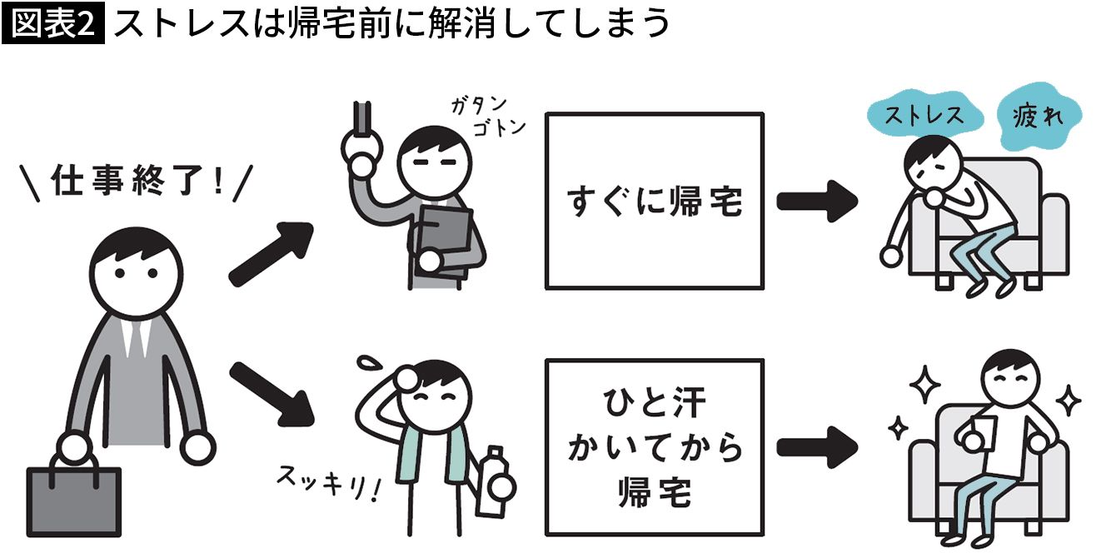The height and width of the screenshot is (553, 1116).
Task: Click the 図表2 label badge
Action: [54, 24]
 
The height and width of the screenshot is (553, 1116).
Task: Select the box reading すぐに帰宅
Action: [654, 201]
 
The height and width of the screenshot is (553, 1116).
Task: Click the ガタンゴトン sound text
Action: [483, 117]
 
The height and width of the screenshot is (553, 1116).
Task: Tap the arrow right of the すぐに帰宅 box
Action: [817, 201]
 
